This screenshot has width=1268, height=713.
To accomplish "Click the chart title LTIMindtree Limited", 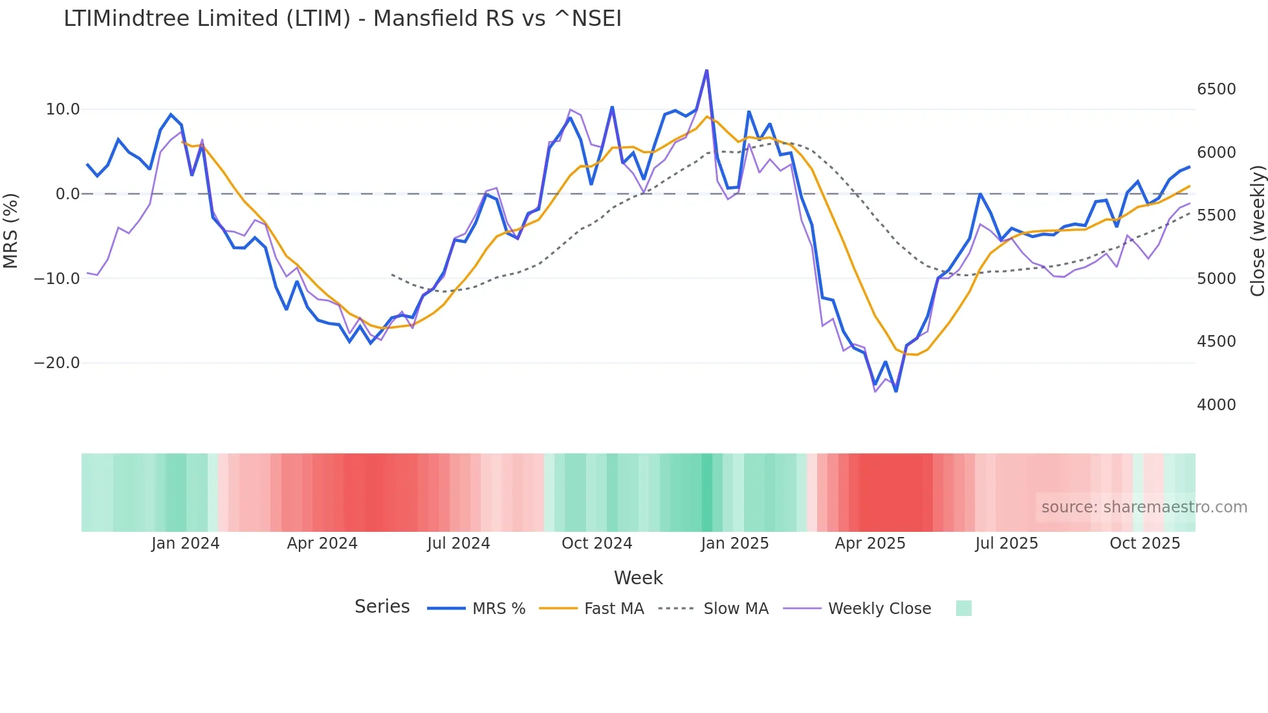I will [x=342, y=19].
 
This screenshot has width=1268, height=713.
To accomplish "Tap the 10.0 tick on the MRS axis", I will [x=63, y=109].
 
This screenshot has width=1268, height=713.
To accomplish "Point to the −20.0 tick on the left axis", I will [x=57, y=363].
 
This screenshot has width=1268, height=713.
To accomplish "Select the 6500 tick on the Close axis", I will [x=1216, y=89].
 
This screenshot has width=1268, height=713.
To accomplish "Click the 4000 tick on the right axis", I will [x=1216, y=405].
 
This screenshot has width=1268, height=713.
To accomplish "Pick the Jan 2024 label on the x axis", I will [x=186, y=543].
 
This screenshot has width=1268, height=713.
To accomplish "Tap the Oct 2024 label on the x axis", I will [x=596, y=543].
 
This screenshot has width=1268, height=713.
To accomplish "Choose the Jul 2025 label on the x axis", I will [x=1007, y=543].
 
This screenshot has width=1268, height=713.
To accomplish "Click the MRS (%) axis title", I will [x=11, y=231].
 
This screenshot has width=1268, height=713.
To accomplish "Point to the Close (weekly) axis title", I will [x=1257, y=231].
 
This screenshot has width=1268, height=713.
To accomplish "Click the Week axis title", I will [x=638, y=578].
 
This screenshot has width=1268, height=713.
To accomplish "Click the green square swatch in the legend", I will [x=964, y=608].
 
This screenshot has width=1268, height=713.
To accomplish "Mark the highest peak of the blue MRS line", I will [x=706, y=70].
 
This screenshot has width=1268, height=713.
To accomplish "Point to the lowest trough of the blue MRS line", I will [x=896, y=391].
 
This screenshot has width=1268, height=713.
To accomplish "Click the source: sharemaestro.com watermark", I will [x=1144, y=507].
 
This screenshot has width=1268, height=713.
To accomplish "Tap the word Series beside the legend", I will [x=382, y=607].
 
